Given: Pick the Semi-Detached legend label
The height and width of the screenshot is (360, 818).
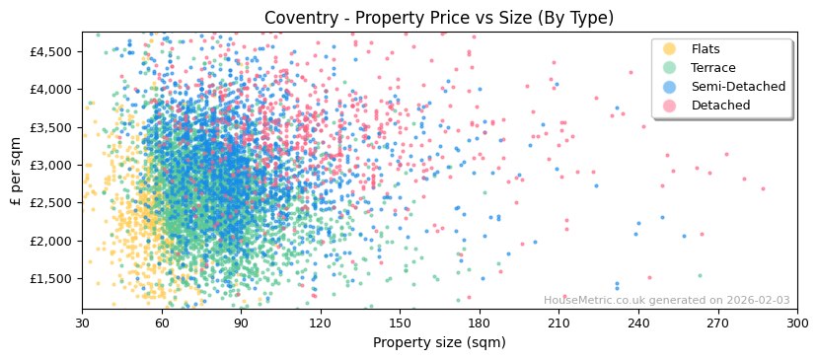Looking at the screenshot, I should pyautogui.click(x=738, y=87).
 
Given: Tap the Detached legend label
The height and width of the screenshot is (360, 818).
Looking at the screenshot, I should pyautogui.click(x=720, y=106).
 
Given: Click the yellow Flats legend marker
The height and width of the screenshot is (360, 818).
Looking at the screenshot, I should pyautogui.click(x=669, y=49).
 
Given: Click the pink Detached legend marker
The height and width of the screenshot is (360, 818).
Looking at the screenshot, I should pyautogui.click(x=669, y=106).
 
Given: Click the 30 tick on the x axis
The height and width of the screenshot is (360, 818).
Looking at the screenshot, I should pyautogui.click(x=83, y=323).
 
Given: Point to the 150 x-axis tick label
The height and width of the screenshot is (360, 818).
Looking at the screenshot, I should pyautogui.click(x=400, y=323).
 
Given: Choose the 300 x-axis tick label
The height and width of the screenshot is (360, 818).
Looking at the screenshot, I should pyautogui.click(x=797, y=323).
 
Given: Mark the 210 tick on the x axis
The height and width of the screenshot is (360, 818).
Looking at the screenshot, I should pyautogui.click(x=558, y=323).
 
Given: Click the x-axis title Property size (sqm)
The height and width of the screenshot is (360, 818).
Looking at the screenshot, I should pyautogui.click(x=439, y=342).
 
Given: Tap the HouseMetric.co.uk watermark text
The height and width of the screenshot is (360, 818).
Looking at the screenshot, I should pyautogui.click(x=666, y=301).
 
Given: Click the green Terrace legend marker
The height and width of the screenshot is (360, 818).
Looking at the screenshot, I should pyautogui.click(x=669, y=68).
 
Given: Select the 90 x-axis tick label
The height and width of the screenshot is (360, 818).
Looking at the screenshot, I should pyautogui.click(x=241, y=323).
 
